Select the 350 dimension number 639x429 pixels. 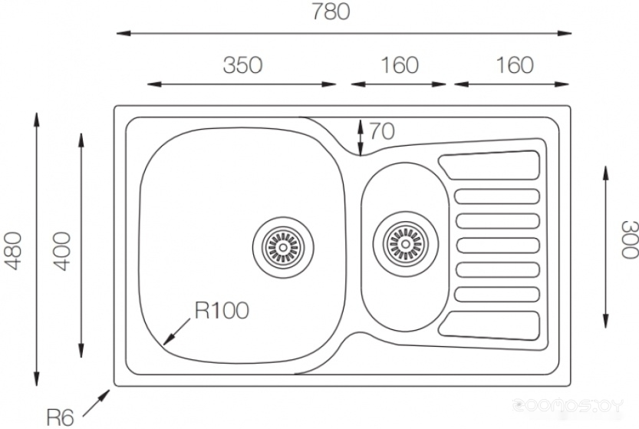click(x=242, y=65)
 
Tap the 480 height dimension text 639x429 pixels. click(x=12, y=250)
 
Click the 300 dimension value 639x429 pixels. click(x=628, y=239)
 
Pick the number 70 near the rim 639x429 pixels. click(x=381, y=131)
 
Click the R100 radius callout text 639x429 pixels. click(x=222, y=311)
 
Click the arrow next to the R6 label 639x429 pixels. click(x=97, y=401)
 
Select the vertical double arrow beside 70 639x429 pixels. click(x=361, y=137)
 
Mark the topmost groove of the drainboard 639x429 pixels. click(x=488, y=166)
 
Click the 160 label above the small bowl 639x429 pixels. click(x=400, y=65)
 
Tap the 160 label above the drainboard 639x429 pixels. click(x=514, y=65)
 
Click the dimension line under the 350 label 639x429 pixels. click(x=242, y=84)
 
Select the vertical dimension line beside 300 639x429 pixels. click(x=606, y=246)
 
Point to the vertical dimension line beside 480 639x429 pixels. click(x=36, y=249)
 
